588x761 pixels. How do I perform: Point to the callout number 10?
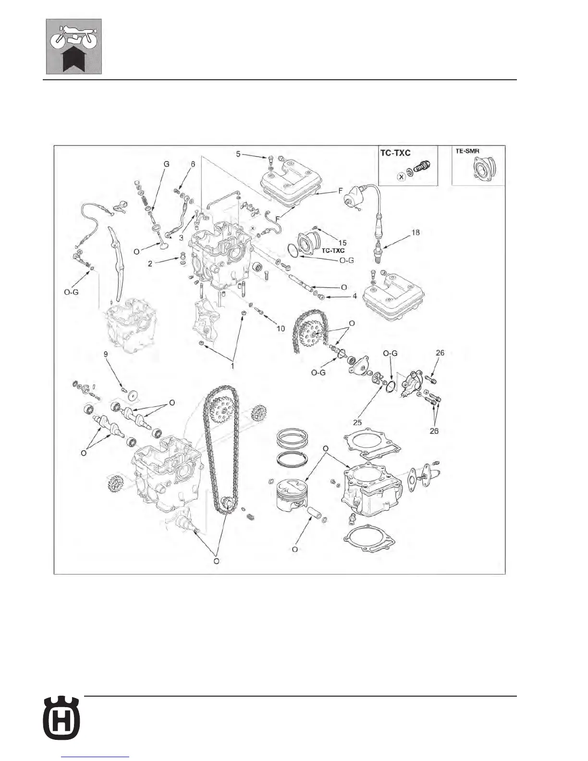click(280, 329)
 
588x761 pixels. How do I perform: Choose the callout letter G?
click(167, 164)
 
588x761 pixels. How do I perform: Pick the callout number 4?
click(355, 296)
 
